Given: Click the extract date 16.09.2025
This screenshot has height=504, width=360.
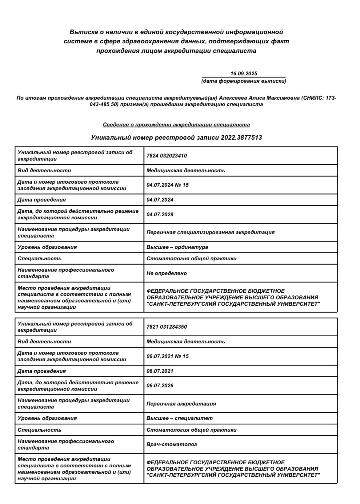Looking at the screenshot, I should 244,74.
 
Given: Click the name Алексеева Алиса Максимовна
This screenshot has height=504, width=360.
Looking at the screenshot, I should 266,98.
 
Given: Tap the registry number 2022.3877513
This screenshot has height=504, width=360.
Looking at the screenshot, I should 241,138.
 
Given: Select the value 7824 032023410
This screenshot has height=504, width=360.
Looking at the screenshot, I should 167,156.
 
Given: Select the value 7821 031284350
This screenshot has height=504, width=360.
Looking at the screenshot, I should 167,327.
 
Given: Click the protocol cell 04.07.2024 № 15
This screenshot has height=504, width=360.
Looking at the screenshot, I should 168,185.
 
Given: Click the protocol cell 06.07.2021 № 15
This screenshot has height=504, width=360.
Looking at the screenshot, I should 168,356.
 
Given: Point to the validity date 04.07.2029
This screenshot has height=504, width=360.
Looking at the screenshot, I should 160,214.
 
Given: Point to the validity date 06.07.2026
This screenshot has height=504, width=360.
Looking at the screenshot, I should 160,386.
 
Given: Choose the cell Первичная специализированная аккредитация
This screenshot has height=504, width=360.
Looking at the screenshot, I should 210,232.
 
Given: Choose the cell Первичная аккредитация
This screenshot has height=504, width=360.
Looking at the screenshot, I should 181,403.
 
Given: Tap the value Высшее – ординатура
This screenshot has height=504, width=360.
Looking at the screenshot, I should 177,247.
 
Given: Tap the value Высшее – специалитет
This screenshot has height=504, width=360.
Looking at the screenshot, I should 180,418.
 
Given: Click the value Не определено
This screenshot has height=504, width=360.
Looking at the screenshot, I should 167,273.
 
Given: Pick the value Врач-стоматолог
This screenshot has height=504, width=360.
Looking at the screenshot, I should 172,444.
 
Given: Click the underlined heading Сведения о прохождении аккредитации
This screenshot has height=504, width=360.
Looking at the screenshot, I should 176,125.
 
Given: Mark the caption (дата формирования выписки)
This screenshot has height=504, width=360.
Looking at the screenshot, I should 243,81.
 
